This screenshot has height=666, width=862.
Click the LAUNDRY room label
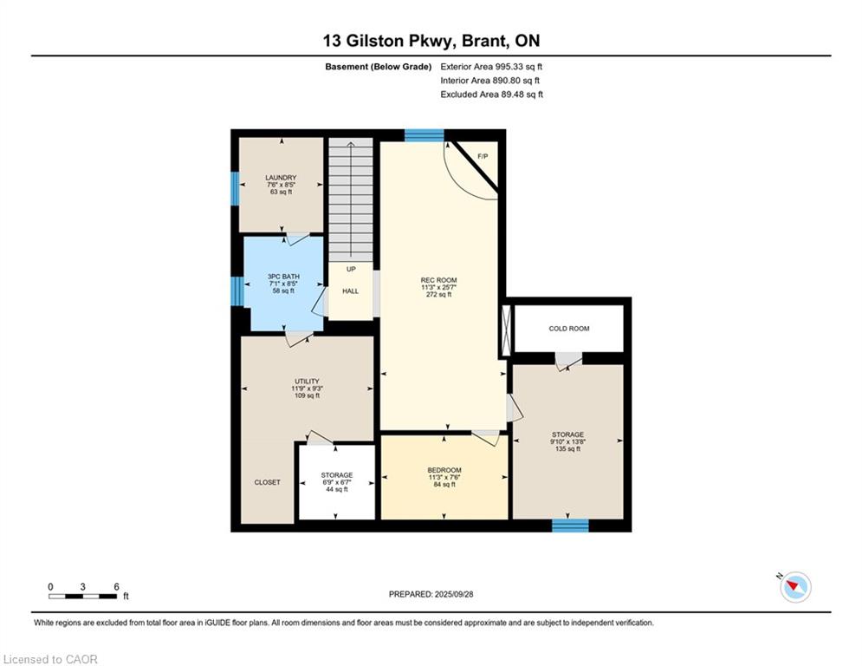(281, 178)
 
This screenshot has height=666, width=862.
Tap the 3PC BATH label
(283, 277)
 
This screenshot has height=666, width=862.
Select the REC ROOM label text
(438, 280)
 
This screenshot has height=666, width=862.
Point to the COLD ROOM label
(569, 329)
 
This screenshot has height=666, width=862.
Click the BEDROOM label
(444, 470)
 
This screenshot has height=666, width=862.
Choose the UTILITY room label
(307, 382)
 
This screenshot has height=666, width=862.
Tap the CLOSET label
(267, 482)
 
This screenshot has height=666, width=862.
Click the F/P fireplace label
(483, 156)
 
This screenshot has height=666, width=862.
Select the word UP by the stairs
(351, 269)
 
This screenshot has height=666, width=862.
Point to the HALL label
(350, 291)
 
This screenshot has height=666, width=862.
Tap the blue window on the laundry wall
(235, 187)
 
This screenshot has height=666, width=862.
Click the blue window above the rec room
(425, 135)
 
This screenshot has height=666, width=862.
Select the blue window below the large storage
(570, 526)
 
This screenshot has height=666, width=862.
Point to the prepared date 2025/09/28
(454, 594)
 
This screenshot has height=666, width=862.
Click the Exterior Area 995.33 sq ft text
(491, 67)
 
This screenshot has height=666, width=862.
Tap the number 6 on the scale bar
(117, 587)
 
